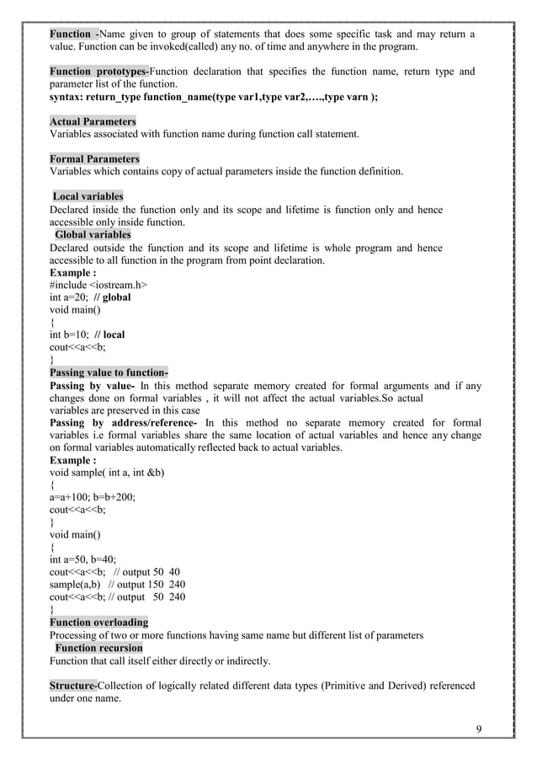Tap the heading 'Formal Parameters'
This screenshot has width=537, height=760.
(x=95, y=159)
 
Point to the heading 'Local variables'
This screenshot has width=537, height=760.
(x=88, y=196)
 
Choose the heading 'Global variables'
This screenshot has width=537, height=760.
(x=93, y=234)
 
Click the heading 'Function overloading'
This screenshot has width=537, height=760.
(x=99, y=623)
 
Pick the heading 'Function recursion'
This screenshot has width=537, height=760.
(x=98, y=648)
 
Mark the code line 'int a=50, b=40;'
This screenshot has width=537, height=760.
(x=83, y=559)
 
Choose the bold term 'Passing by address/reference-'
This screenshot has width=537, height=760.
(x=124, y=423)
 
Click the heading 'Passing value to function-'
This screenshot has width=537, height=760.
(x=109, y=372)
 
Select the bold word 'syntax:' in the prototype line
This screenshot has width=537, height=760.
(x=66, y=98)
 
